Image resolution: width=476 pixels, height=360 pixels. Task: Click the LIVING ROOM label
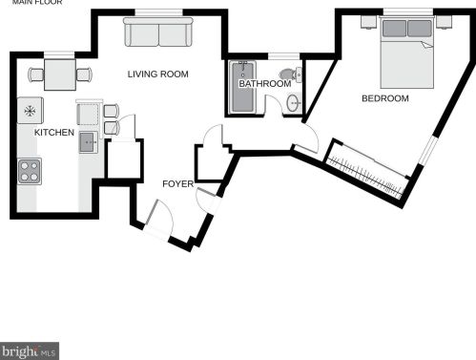tap(158, 74)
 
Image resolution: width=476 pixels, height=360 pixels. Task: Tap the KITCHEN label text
tap(54, 133)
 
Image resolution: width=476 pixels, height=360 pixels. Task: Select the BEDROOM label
tap(385, 98)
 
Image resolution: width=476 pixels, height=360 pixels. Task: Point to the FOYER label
tap(177, 184)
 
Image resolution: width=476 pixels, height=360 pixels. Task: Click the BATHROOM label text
tap(265, 84)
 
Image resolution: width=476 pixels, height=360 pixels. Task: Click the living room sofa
tap(158, 32)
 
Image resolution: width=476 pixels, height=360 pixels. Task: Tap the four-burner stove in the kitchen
tap(30, 171)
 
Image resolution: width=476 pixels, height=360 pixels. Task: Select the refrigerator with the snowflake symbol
tap(30, 111)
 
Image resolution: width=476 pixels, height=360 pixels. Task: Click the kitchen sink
tap(88, 142)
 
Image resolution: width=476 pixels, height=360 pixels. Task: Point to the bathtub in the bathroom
tap(243, 87)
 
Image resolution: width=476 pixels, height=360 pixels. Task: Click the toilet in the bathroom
tap(291, 74)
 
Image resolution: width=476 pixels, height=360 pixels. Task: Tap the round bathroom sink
tap(294, 103)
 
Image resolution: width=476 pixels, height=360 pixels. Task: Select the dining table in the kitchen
tap(60, 74)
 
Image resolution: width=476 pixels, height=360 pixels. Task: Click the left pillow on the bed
tap(394, 29)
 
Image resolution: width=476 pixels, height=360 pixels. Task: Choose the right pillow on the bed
tap(420, 29)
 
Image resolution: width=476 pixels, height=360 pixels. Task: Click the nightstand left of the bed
tap(369, 22)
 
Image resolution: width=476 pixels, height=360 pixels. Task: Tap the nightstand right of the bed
tap(444, 22)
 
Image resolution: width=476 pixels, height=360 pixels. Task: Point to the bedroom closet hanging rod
tap(365, 174)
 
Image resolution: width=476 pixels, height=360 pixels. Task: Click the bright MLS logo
tap(30, 351)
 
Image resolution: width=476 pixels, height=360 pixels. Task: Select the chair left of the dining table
tap(36, 74)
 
